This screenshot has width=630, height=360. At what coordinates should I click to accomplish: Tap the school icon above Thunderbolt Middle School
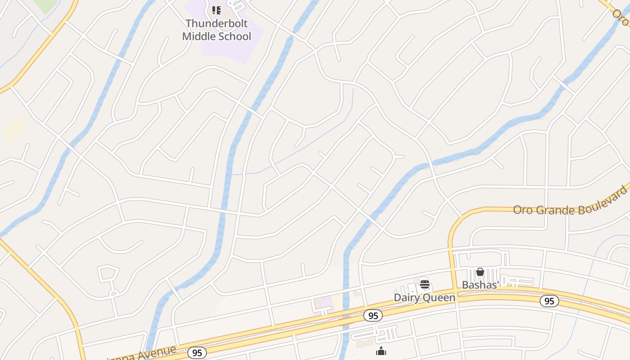tap(216, 10)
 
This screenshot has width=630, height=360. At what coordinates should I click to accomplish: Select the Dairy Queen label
tap(424, 297)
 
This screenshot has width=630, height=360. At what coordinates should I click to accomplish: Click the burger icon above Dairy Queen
tap(424, 284)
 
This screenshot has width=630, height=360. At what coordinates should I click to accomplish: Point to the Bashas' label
tap(480, 285)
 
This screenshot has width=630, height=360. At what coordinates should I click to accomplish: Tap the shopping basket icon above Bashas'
tap(480, 272)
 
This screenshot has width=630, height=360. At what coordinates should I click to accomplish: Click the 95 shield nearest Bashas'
tap(549, 301)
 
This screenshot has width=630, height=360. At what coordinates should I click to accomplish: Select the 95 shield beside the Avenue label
tap(197, 353)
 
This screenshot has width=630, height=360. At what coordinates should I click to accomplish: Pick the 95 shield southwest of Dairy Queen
tap(373, 316)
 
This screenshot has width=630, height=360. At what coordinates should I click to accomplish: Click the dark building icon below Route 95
tap(381, 351)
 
